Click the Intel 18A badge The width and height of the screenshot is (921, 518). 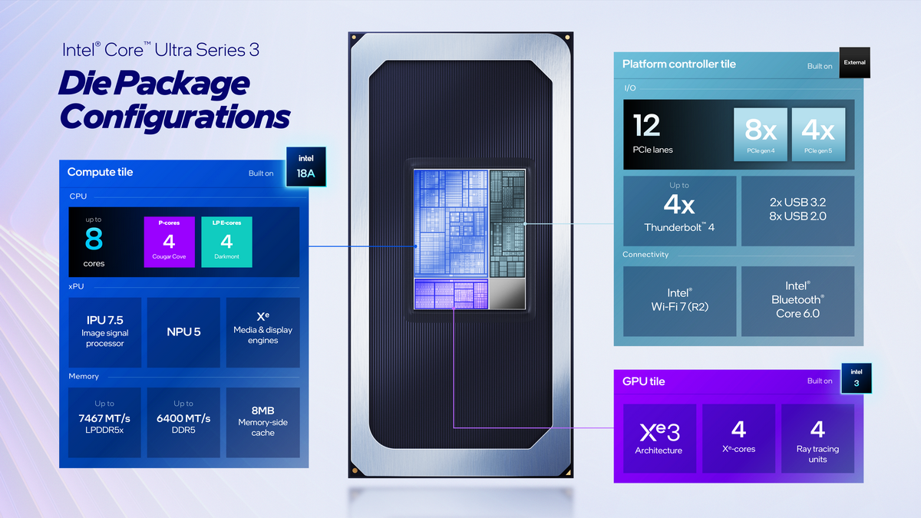click(306, 167)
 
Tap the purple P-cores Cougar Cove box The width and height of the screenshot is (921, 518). click(169, 242)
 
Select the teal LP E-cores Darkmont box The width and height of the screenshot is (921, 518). click(226, 242)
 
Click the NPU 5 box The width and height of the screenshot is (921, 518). click(183, 332)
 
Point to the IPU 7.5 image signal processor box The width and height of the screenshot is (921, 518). click(105, 332)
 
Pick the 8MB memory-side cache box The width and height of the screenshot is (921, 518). click(262, 422)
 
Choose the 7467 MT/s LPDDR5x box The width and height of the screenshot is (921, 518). click(104, 422)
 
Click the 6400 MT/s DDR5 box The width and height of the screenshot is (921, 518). click(183, 422)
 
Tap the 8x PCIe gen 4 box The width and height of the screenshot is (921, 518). click(761, 134)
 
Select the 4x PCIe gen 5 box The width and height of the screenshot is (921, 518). click(819, 134)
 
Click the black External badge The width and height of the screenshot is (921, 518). click(854, 62)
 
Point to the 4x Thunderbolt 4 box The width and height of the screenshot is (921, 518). click(680, 211)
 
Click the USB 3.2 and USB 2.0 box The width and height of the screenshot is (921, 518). click(797, 211)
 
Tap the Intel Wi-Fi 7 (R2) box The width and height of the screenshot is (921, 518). click(680, 301)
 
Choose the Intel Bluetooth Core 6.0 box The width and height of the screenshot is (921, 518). click(797, 301)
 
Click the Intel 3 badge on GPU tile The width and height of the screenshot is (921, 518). click(857, 378)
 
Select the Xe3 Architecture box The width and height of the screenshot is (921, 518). click(659, 438)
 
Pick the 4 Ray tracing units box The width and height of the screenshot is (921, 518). click(818, 438)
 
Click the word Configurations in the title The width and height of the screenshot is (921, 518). click(175, 117)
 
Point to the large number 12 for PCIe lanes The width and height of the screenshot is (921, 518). click(647, 125)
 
